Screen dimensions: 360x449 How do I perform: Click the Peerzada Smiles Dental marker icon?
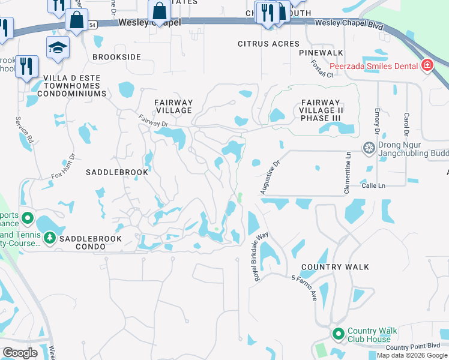(x=427, y=65)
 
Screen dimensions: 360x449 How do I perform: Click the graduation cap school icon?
(x=58, y=47)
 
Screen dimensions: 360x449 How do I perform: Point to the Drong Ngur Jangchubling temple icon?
(x=369, y=148)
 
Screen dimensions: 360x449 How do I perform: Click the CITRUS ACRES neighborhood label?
(x=268, y=44)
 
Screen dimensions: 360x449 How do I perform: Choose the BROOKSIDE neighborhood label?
(x=116, y=56)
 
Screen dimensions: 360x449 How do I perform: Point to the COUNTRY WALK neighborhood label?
(x=335, y=267)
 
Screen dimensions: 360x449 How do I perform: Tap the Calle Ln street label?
(x=373, y=186)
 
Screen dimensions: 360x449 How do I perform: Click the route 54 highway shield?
(x=92, y=25)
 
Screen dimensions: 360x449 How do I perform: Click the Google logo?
(x=20, y=352)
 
